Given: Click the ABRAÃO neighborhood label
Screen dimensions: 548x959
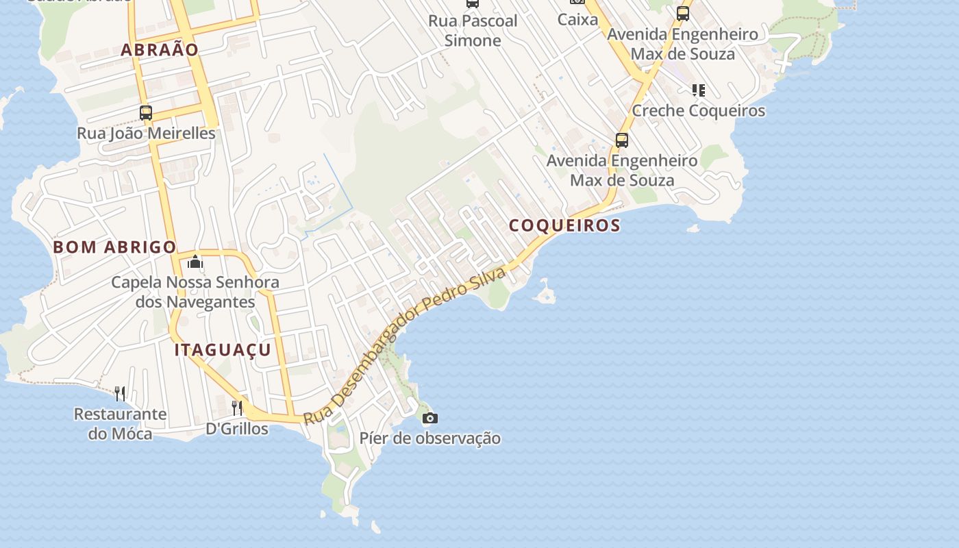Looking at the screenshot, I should [160, 49].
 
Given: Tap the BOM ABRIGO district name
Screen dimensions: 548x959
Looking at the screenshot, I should [114, 247].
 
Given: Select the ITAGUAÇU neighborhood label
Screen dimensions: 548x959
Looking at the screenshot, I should [223, 350].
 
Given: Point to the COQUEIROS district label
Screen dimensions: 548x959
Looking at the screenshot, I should [564, 225].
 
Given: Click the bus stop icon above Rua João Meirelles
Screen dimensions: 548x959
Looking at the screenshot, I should [145, 113].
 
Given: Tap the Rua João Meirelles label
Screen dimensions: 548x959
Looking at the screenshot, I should [146, 133].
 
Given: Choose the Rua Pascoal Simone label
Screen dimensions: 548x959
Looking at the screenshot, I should [473, 31].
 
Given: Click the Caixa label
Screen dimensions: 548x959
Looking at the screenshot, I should [577, 19].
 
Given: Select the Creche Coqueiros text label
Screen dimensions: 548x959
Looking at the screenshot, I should [698, 110].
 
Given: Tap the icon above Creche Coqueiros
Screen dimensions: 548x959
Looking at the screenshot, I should [698, 90].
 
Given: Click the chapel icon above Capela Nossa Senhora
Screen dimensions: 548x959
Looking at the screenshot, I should [195, 262].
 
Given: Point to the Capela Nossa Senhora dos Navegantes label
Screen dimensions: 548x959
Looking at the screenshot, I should [195, 292].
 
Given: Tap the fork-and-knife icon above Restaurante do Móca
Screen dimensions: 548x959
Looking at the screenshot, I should [120, 393].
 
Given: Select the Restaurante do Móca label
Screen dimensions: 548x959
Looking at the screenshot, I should [120, 423].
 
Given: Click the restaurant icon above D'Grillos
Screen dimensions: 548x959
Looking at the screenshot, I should [237, 408].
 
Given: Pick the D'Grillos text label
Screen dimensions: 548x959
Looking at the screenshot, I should [237, 429].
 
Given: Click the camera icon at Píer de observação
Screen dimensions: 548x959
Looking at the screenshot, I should [429, 418].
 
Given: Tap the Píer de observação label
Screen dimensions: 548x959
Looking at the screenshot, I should [430, 438].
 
